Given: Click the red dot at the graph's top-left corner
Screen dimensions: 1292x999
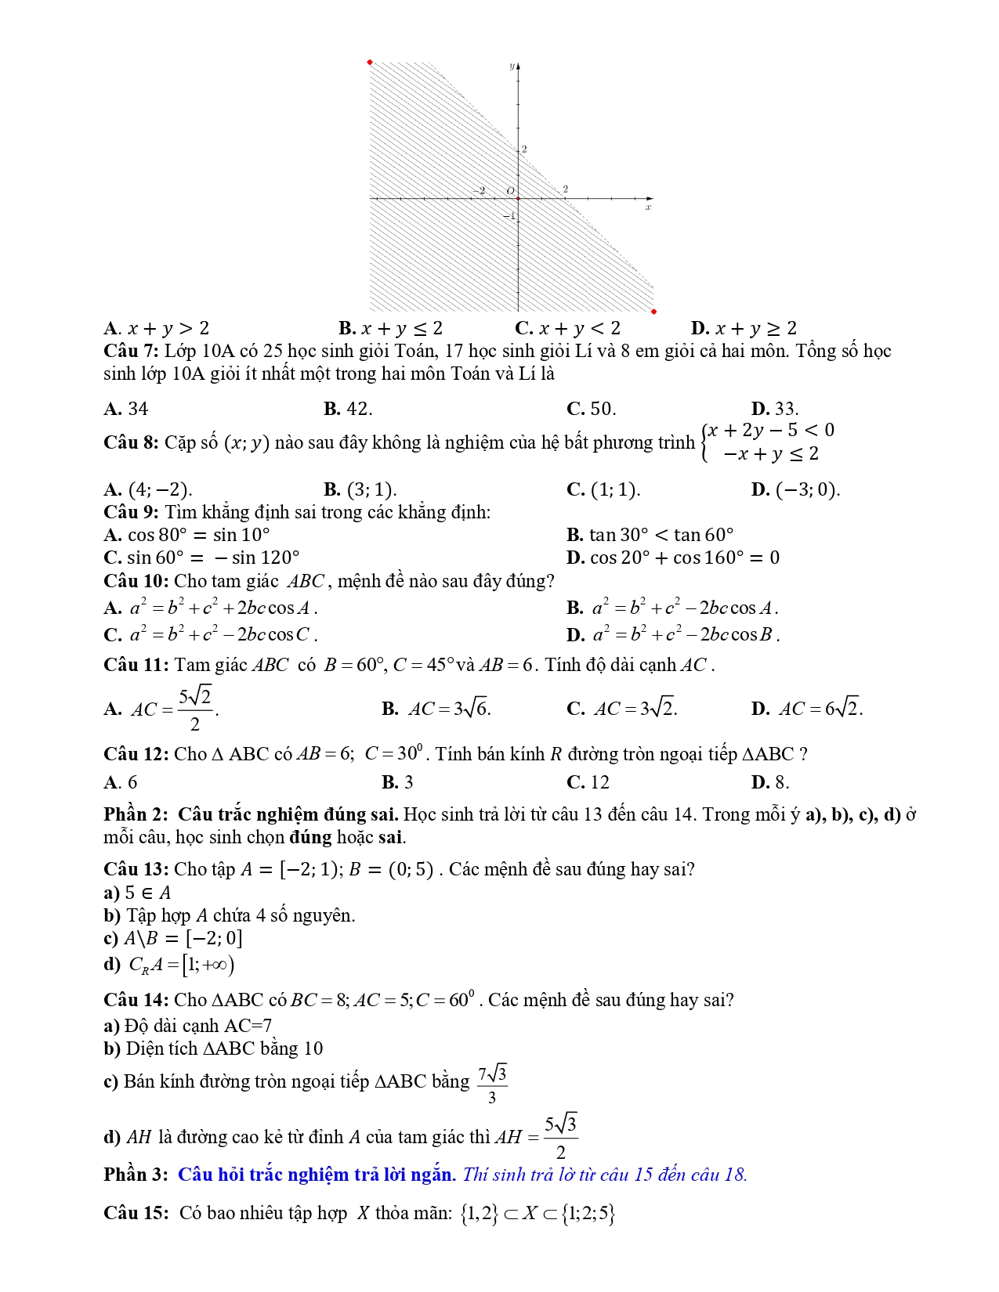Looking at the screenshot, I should [370, 62].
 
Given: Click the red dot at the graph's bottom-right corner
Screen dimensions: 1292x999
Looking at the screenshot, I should [653, 312].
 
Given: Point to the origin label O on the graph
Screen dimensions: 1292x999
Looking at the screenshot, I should [510, 191].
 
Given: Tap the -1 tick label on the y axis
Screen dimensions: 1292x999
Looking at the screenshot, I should [509, 215].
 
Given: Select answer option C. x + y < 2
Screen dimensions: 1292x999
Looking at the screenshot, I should [567, 328].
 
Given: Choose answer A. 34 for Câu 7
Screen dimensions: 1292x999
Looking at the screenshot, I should [126, 409].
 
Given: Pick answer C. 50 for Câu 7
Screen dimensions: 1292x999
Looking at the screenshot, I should [591, 409].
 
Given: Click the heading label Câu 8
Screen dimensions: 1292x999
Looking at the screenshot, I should [131, 442].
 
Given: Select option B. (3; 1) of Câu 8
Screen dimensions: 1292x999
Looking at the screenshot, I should [360, 489].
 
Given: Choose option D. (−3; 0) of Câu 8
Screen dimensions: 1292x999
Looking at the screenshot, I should [794, 489].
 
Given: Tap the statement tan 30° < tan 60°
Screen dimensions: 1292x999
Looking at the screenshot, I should [650, 535].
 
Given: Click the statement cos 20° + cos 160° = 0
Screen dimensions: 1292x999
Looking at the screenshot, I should [673, 558].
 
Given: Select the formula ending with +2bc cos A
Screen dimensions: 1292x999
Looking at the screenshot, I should [211, 608].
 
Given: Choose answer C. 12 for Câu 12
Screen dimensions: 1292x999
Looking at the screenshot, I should [588, 782].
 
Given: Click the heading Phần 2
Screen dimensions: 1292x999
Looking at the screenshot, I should [136, 814].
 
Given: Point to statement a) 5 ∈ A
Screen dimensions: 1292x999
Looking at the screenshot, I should [138, 893].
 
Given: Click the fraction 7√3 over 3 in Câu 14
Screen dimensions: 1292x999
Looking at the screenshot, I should [492, 1084].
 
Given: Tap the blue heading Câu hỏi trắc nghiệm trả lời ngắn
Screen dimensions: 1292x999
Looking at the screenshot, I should [317, 1175].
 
